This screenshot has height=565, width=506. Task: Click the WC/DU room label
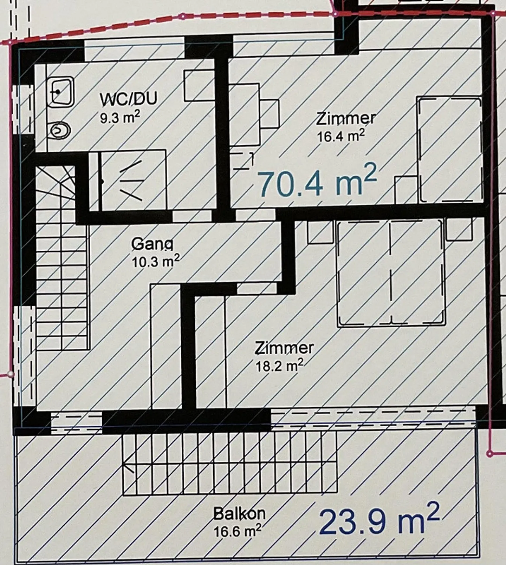pos(128,99)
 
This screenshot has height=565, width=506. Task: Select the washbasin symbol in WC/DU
pos(60,92)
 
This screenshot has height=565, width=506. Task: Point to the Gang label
pos(152,244)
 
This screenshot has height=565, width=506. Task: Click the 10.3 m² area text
pos(156,261)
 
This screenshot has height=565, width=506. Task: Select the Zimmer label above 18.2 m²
pos(284,348)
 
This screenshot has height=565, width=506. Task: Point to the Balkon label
pos(239,514)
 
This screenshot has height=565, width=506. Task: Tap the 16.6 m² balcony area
pos(237,531)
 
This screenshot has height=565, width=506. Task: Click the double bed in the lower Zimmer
pos(390,273)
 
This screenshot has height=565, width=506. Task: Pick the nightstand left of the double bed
pos(320,231)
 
